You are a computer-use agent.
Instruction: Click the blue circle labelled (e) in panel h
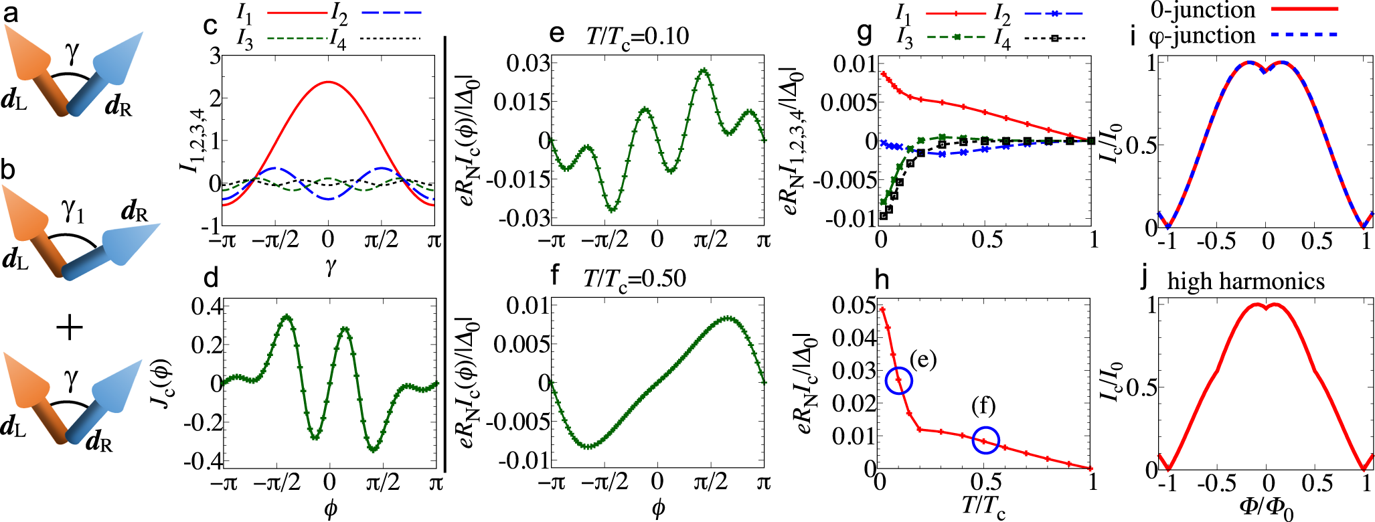click(898, 380)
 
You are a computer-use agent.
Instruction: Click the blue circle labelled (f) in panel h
click(985, 440)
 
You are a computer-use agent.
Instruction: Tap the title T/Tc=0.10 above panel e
click(637, 35)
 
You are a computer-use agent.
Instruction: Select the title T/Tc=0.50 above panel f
click(635, 277)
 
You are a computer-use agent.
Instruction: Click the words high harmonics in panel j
click(1246, 281)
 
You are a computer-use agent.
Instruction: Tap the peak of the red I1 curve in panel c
click(328, 82)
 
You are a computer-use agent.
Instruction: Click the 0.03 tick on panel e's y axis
click(528, 64)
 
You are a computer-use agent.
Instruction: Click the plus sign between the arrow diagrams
click(70, 328)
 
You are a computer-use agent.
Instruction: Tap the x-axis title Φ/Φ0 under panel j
click(1267, 508)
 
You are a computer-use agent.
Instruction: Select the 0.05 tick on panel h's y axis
click(854, 306)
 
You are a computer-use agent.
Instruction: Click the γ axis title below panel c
click(331, 267)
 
